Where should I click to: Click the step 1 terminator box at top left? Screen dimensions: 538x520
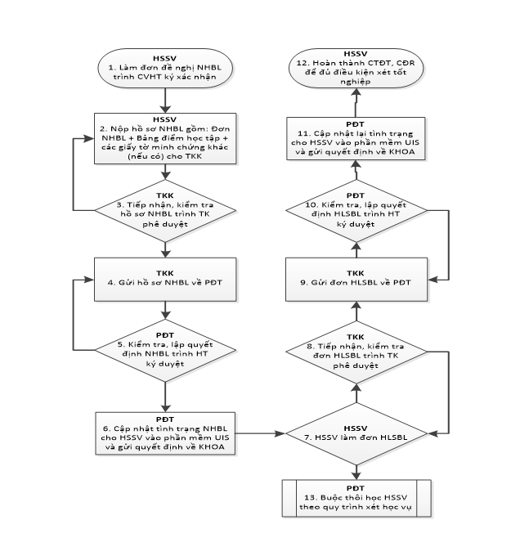pos(165,69)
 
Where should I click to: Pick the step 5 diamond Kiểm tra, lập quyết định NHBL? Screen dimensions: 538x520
pos(165,350)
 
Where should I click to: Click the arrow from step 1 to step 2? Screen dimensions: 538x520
pos(165,100)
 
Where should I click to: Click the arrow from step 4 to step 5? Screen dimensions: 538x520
pos(165,309)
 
